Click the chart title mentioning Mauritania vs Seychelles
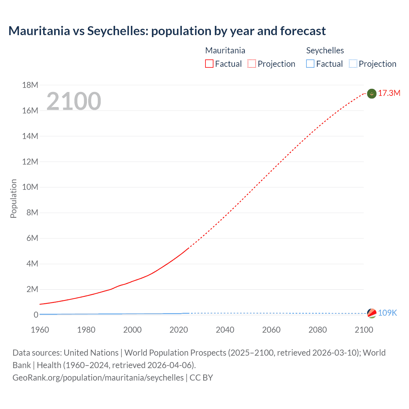tap(167, 31)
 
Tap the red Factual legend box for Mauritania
tap(209, 64)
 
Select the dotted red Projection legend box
tap(252, 64)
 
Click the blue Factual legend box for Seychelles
tap(310, 64)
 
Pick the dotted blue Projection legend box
tap(353, 64)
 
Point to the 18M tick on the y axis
tap(30, 85)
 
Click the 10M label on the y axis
tap(30, 187)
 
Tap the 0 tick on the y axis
tap(36, 315)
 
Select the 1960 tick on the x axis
tap(40, 330)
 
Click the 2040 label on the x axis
tap(225, 330)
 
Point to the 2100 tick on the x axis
tap(364, 330)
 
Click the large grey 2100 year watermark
tap(74, 101)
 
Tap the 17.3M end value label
tap(389, 93)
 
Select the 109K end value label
tap(387, 313)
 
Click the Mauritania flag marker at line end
tap(372, 94)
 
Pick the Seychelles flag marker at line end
tap(372, 313)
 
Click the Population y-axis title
tap(13, 198)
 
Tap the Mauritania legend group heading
tap(225, 50)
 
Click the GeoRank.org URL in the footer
tap(98, 378)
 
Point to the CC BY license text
tap(201, 378)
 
